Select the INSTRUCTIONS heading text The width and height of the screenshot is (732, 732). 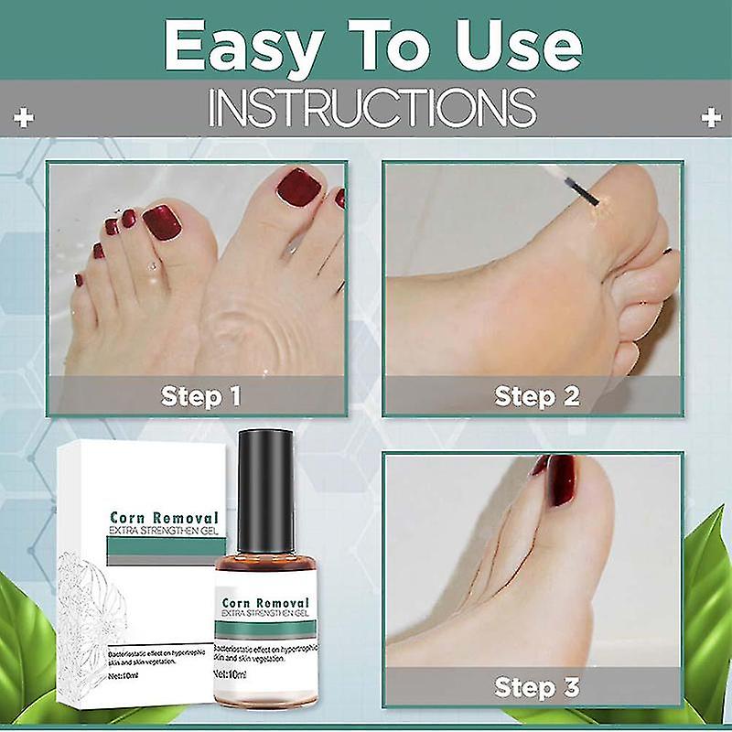coord(371,108)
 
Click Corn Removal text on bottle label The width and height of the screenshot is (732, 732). coord(265,603)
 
